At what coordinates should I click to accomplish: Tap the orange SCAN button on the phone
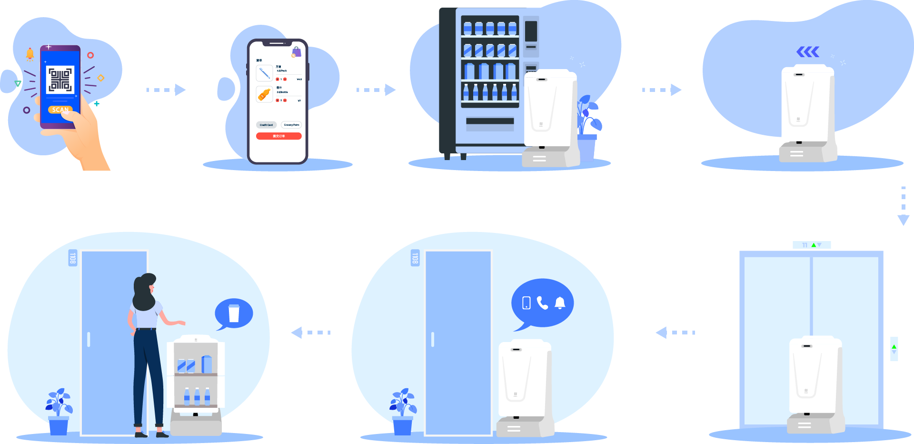point(60,110)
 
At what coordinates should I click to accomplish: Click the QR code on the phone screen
point(60,80)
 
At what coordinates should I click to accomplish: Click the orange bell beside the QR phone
point(30,54)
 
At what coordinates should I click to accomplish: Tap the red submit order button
point(278,136)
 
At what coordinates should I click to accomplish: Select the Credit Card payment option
point(266,125)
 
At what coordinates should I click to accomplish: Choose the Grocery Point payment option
point(291,125)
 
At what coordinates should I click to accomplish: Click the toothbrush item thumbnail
point(265,73)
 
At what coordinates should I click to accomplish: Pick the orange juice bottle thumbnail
point(264,94)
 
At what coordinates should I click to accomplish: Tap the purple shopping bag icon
point(296,51)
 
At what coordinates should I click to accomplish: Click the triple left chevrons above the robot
point(808,51)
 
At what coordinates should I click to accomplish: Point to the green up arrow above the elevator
point(814,245)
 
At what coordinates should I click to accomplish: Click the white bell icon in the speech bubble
point(560,303)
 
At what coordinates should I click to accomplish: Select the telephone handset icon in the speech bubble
point(542,303)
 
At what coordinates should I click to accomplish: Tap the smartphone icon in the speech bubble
point(526,303)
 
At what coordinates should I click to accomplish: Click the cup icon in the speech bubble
point(234,313)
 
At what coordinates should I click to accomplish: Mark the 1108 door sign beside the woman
point(72,258)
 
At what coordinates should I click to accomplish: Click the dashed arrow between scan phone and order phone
point(166,90)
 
